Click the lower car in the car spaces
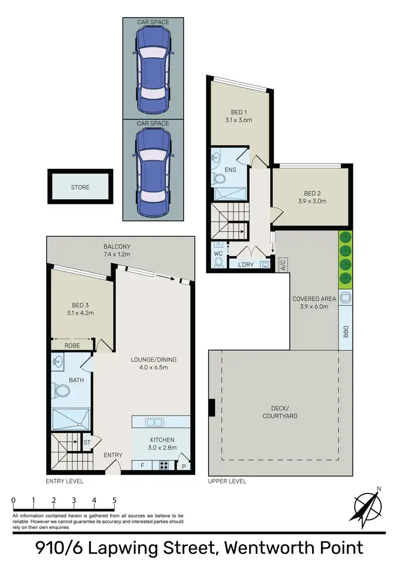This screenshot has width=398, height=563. (153, 172)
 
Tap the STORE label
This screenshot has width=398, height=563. (80, 187)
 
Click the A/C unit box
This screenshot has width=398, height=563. (283, 264)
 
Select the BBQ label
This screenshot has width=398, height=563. (345, 333)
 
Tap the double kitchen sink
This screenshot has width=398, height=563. (154, 422)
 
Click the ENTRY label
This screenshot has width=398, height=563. (113, 455)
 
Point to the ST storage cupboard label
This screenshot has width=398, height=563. (86, 441)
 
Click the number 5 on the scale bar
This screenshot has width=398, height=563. (114, 500)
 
